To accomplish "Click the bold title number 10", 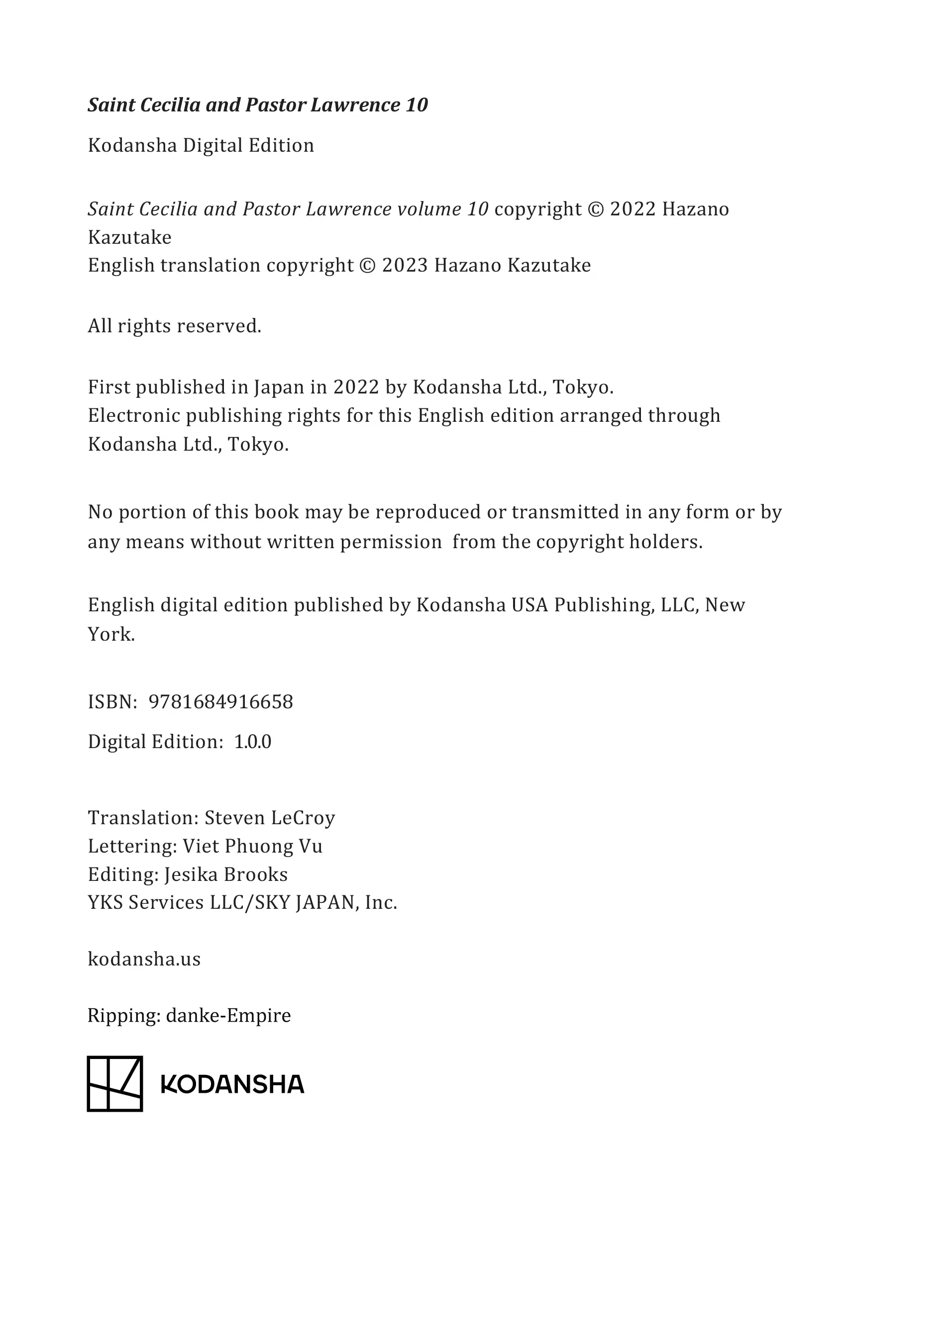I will (x=417, y=105).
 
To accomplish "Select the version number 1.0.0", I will (x=252, y=742).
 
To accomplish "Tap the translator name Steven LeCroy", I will (x=269, y=817).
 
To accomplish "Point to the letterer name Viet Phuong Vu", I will (x=252, y=846).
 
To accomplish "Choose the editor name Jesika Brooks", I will (x=225, y=874).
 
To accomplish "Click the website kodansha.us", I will (x=144, y=959).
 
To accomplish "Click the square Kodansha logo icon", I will (x=115, y=1083).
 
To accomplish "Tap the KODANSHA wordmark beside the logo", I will (x=232, y=1085).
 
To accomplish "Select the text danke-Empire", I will (x=228, y=1015).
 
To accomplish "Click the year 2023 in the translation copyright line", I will (x=405, y=265).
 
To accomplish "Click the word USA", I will (x=529, y=605).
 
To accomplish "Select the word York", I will (x=111, y=634).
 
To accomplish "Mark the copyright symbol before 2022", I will (x=595, y=209).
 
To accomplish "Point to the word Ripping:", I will (x=123, y=1016).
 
